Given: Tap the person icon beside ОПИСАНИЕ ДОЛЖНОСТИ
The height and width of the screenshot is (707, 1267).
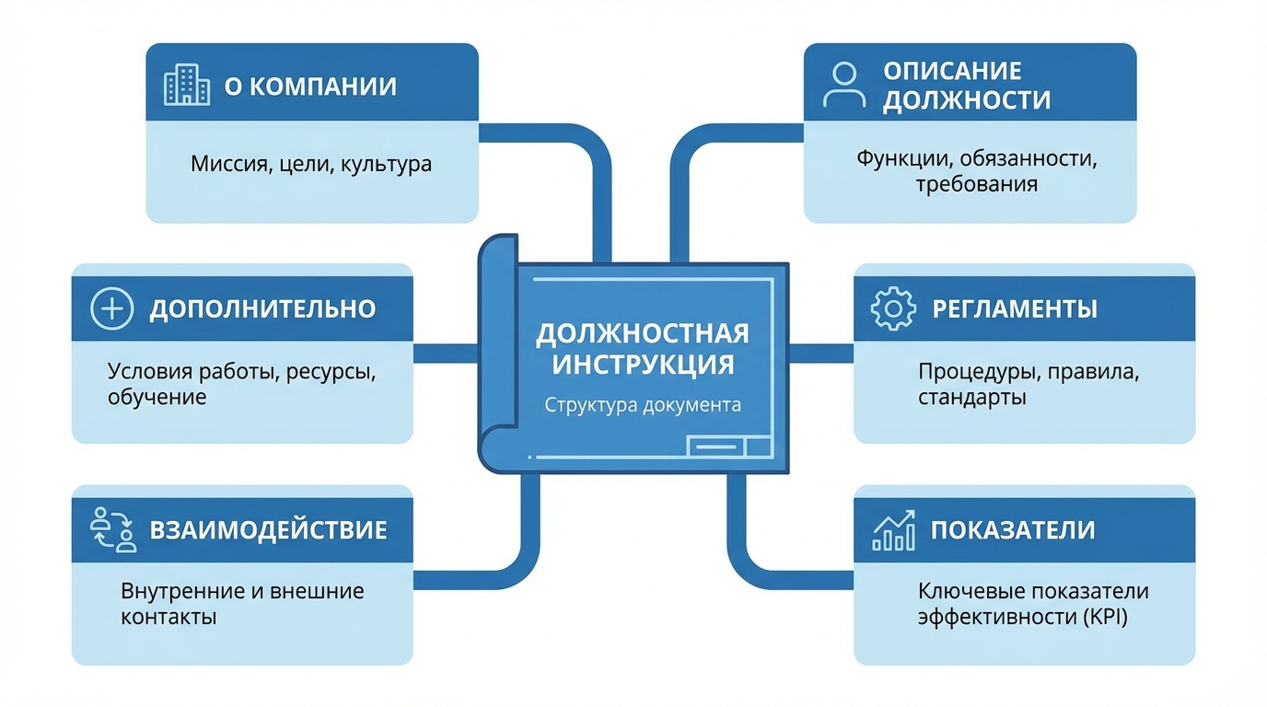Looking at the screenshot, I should pyautogui.click(x=843, y=85).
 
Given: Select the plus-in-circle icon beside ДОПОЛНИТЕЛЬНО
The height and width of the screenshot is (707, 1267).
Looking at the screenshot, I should pyautogui.click(x=112, y=308).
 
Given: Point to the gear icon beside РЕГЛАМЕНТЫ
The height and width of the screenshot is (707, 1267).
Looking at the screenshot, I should pyautogui.click(x=893, y=308).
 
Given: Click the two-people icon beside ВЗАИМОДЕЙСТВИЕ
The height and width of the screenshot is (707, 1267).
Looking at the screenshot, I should pyautogui.click(x=113, y=529).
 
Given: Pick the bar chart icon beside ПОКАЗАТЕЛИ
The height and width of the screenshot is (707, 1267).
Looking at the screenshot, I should pyautogui.click(x=893, y=530).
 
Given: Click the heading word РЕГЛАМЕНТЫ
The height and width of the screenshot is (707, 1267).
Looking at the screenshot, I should pyautogui.click(x=1015, y=308).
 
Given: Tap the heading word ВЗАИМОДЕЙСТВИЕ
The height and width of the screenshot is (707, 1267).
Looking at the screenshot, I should pyautogui.click(x=268, y=530).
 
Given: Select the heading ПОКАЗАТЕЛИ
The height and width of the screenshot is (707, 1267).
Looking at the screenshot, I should pyautogui.click(x=1013, y=530).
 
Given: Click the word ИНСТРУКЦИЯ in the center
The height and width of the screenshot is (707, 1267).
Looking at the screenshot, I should pyautogui.click(x=643, y=364).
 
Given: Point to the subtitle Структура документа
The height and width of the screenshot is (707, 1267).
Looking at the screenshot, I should pyautogui.click(x=643, y=405).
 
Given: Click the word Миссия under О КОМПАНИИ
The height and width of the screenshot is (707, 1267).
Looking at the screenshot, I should pyautogui.click(x=225, y=166).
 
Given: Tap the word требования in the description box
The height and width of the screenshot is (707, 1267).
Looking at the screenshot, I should pyautogui.click(x=976, y=184).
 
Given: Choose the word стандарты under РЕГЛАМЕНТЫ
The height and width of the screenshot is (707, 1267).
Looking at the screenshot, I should pyautogui.click(x=971, y=399).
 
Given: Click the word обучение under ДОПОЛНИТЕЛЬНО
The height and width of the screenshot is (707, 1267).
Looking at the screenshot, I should pyautogui.click(x=157, y=398).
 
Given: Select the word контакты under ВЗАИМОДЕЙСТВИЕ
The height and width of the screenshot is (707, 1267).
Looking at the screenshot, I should pyautogui.click(x=169, y=617).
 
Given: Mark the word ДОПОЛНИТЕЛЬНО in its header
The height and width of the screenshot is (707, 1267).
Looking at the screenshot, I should pyautogui.click(x=262, y=308).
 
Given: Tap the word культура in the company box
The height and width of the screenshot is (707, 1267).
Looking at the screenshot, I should pyautogui.click(x=386, y=166).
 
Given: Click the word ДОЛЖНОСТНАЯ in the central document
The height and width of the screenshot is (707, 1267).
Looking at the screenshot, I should pyautogui.click(x=643, y=332).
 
